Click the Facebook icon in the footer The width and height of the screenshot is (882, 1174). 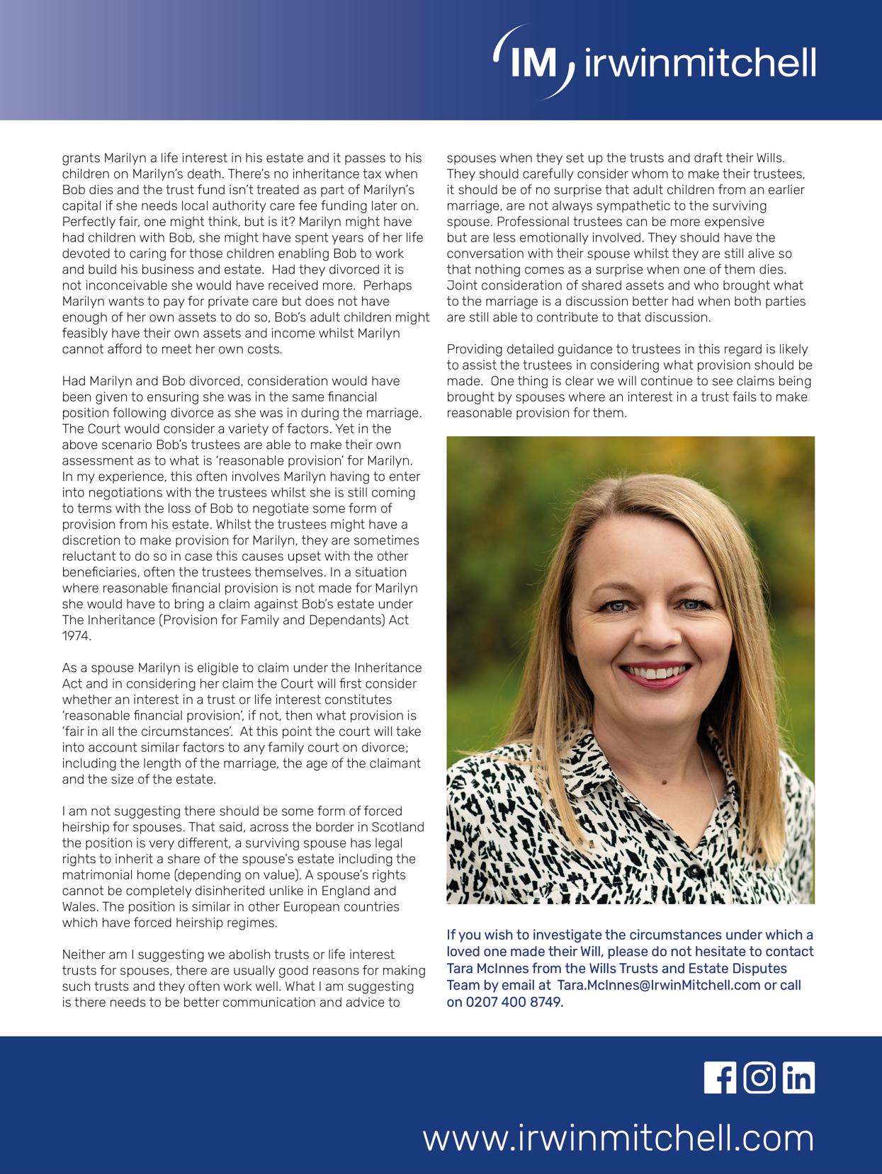click(719, 1078)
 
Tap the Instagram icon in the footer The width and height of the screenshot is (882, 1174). click(759, 1078)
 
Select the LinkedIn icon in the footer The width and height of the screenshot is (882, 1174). click(799, 1078)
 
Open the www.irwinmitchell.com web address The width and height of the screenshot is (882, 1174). click(618, 1139)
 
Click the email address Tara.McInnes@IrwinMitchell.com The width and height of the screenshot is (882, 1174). click(659, 985)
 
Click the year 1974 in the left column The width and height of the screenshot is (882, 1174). click(77, 636)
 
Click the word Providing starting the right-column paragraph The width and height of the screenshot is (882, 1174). click(474, 349)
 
